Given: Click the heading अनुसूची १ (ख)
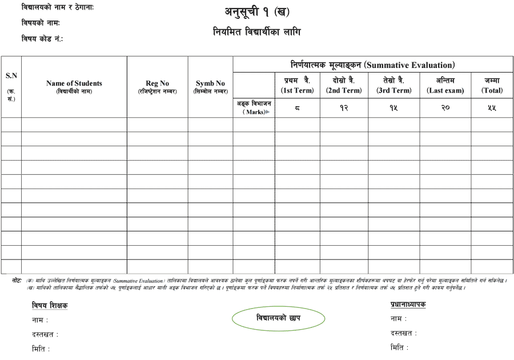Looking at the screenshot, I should [256, 11].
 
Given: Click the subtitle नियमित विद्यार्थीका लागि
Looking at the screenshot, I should [256, 32].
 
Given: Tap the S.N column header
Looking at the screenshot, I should [11, 86].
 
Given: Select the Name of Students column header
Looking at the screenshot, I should [74, 86].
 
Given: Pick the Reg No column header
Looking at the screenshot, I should [158, 86].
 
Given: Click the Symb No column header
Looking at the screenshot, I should [210, 86].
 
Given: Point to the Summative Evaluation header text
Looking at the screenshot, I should [372, 65].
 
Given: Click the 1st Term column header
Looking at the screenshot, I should [297, 85].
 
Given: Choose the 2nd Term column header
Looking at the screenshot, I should [344, 85].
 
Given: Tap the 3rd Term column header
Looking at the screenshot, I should [393, 85].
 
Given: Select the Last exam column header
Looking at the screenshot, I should [445, 85].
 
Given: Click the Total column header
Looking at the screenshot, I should [492, 85].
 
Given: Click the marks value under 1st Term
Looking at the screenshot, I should [297, 108].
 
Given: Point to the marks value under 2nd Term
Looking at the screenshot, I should [344, 108].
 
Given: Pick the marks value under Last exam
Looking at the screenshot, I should [445, 108].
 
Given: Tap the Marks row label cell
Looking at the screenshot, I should [254, 108].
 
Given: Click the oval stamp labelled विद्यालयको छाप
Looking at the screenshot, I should [279, 318].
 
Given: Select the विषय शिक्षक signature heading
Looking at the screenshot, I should [50, 306].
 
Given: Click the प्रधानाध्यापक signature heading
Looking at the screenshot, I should [408, 305].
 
